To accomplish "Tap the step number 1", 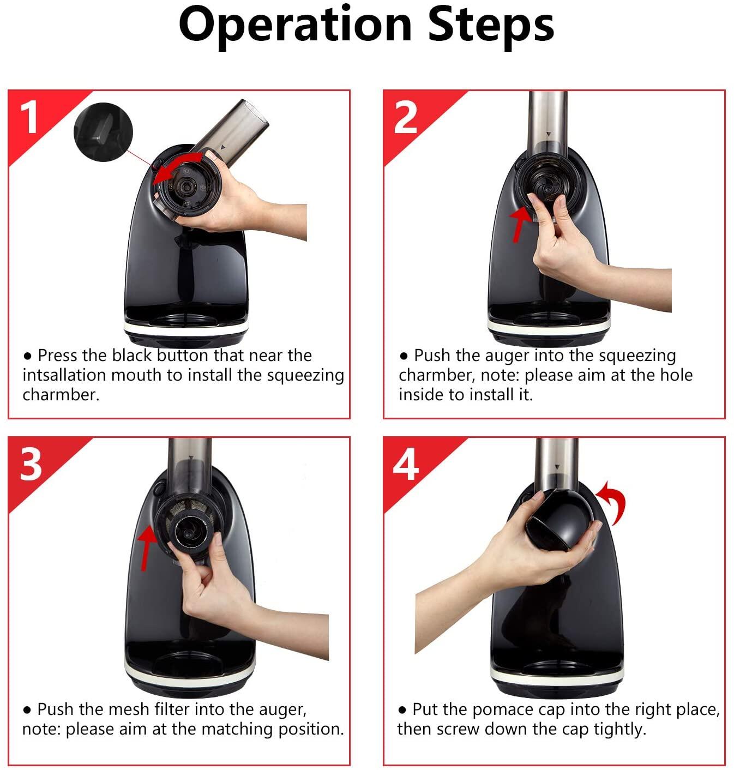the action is pos(28,117).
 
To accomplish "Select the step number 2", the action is pos(405,117).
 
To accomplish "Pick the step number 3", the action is pos(31,464).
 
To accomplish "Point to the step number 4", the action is pos(406,464).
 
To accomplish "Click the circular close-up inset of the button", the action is pos(104,131).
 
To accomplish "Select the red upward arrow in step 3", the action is pos(147,548).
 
